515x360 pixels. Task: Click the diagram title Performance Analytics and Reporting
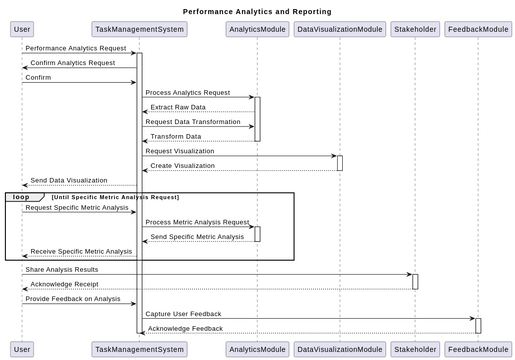click(x=257, y=11)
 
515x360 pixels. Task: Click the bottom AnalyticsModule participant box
click(x=256, y=349)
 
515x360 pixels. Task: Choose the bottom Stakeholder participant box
click(x=414, y=349)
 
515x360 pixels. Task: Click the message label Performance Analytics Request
click(x=76, y=48)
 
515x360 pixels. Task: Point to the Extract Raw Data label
click(x=178, y=107)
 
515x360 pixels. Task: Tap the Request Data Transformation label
click(x=193, y=122)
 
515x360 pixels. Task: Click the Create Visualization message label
click(x=182, y=166)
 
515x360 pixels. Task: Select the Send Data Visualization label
click(x=69, y=181)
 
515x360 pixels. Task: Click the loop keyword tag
click(x=21, y=197)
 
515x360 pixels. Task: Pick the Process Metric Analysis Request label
click(x=197, y=222)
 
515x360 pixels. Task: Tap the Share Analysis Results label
click(x=62, y=269)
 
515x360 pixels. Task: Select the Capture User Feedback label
click(x=183, y=313)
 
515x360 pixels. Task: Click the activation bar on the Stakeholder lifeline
click(x=415, y=281)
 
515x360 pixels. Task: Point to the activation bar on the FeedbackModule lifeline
click(x=478, y=325)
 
